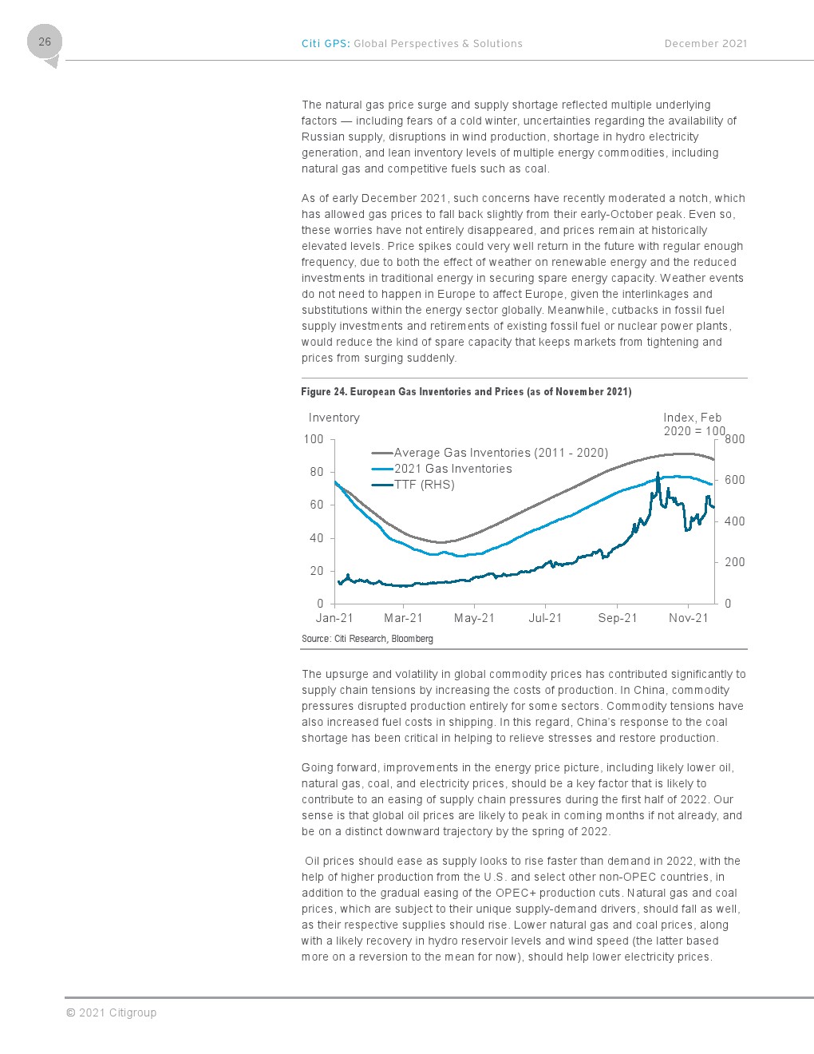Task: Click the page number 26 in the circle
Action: [x=44, y=42]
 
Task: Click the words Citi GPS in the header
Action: [x=325, y=44]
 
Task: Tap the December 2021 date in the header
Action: [x=705, y=44]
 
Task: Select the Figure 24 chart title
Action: [x=466, y=391]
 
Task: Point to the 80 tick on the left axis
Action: [x=317, y=472]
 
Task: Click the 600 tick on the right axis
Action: [x=734, y=480]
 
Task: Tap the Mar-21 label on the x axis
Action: [x=403, y=618]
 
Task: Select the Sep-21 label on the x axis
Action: [x=617, y=618]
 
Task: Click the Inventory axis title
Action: [x=334, y=418]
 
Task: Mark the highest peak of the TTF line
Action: [x=658, y=472]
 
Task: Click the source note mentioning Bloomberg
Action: [x=367, y=639]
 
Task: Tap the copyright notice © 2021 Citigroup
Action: [x=111, y=1012]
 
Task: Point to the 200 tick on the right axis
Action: [x=734, y=562]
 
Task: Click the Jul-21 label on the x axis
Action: [x=545, y=618]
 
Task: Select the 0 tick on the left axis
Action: [x=320, y=604]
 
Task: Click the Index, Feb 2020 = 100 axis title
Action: [x=693, y=425]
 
